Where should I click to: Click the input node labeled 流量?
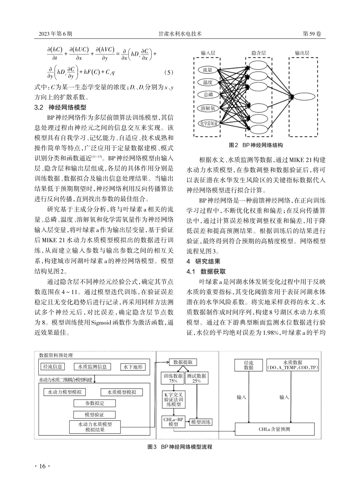208,70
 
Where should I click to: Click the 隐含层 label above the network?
258,53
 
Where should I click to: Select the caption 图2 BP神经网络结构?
257,145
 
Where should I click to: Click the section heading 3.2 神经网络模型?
61,107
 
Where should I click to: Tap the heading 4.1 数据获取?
206,271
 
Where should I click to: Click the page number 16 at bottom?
42,466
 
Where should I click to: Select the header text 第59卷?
312,34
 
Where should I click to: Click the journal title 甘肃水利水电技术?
180,34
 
